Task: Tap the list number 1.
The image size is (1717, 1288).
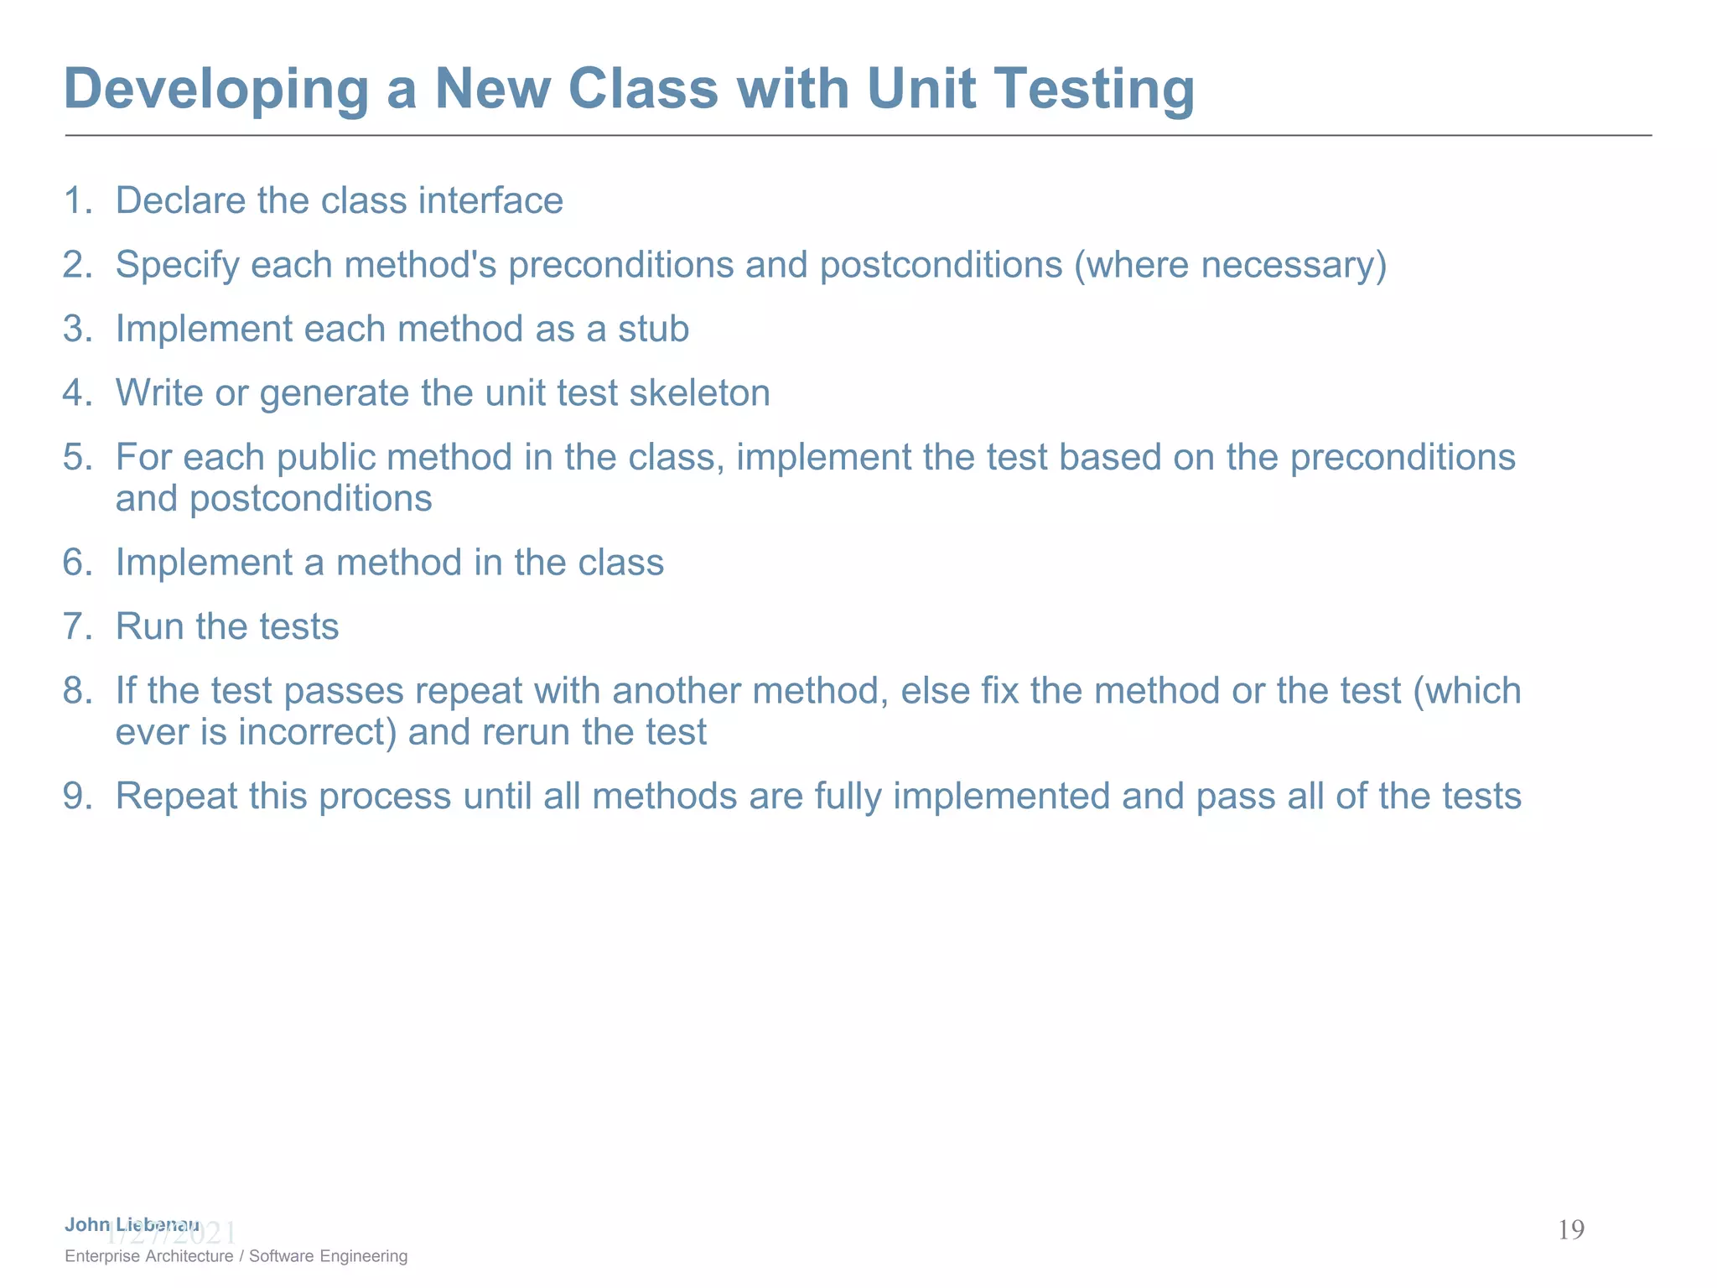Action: click(x=76, y=200)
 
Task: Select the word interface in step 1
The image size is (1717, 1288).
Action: click(x=490, y=200)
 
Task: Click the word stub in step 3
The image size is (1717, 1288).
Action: click(x=653, y=329)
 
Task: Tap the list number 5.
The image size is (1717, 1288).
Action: click(x=76, y=457)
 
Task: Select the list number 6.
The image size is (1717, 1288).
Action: click(x=76, y=563)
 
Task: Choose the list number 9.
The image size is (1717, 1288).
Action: click(x=76, y=797)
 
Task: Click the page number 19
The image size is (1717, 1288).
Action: click(x=1570, y=1230)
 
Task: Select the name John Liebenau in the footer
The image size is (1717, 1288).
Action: click(x=132, y=1224)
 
